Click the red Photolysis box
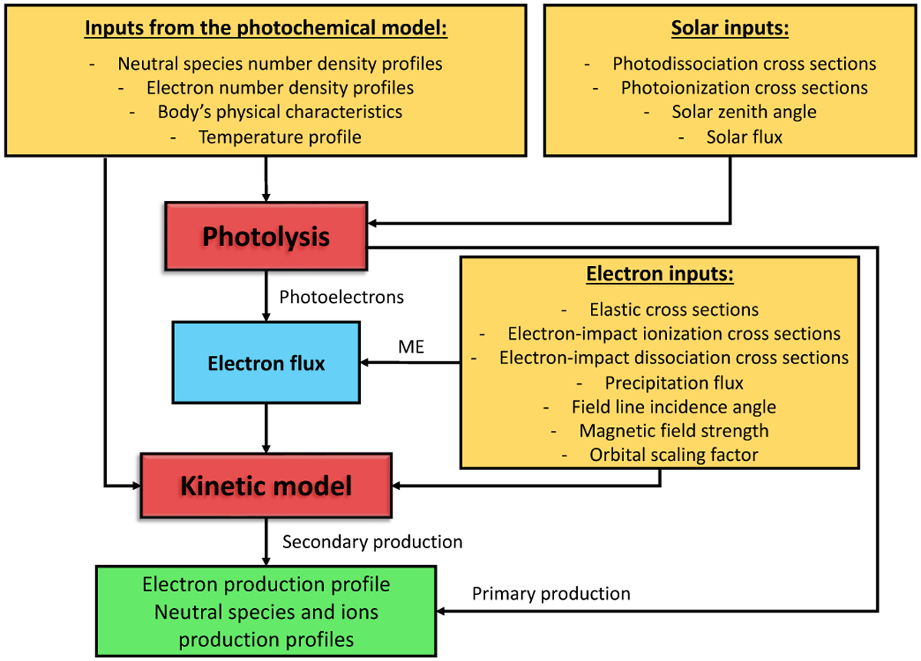tap(266, 237)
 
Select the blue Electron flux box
tap(266, 363)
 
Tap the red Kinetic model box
tap(266, 485)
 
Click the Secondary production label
tap(372, 542)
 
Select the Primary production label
tap(551, 594)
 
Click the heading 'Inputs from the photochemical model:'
tap(266, 29)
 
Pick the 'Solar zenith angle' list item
tap(744, 112)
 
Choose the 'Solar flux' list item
tap(744, 137)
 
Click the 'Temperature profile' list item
tap(279, 137)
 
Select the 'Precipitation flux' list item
tap(674, 382)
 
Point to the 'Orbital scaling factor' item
tap(674, 455)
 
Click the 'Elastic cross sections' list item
tap(674, 310)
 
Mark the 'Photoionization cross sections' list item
tap(744, 88)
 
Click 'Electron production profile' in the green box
tap(266, 584)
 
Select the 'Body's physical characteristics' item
tap(279, 112)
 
